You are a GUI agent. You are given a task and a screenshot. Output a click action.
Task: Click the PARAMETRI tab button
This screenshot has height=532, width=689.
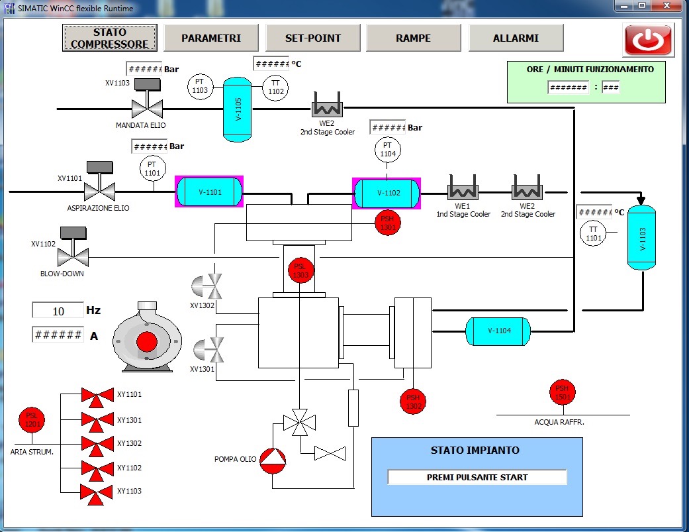(x=211, y=38)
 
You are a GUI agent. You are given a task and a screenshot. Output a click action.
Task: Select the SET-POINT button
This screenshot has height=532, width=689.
(x=313, y=38)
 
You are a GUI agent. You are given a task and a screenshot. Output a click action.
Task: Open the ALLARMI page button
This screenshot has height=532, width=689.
(x=516, y=38)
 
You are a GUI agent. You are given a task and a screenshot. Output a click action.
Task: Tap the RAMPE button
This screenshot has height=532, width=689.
(x=413, y=38)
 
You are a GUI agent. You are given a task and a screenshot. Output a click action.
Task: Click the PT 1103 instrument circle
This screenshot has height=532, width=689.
(x=200, y=86)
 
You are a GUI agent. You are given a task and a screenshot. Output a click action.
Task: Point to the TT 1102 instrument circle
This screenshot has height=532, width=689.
(x=275, y=87)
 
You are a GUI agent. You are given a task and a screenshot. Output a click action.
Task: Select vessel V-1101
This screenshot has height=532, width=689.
(x=209, y=191)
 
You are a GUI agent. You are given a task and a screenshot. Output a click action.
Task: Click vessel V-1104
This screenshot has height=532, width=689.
(x=498, y=331)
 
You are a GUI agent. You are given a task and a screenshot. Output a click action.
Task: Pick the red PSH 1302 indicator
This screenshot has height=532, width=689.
(x=412, y=401)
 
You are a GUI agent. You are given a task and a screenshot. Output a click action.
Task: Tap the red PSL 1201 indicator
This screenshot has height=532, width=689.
(x=32, y=420)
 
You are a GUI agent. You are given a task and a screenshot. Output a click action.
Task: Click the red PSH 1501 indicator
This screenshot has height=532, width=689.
(x=563, y=392)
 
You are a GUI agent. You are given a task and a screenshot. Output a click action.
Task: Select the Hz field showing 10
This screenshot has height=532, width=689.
(x=58, y=311)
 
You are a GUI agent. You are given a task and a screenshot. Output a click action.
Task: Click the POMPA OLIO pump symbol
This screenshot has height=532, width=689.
(x=273, y=460)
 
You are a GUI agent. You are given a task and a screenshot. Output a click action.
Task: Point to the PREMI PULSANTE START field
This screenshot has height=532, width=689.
(x=477, y=477)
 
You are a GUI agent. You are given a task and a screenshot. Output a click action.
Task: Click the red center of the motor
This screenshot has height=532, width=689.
(x=147, y=342)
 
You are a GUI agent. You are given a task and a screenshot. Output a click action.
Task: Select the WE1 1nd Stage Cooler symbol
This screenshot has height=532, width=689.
(x=462, y=187)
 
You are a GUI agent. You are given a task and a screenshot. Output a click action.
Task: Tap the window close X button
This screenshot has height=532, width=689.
(x=666, y=6)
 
